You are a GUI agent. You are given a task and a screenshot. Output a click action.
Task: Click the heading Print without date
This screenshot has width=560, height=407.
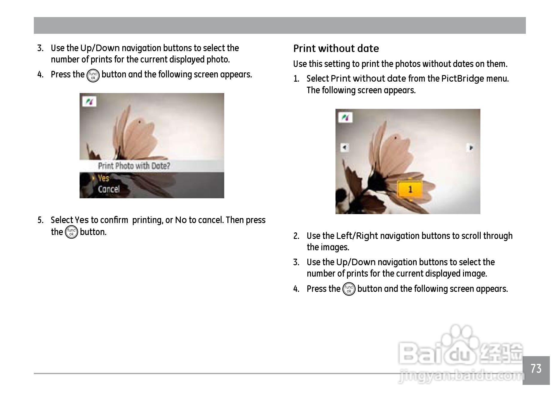pos(336,48)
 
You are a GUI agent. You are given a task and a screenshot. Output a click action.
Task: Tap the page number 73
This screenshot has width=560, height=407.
pos(536,369)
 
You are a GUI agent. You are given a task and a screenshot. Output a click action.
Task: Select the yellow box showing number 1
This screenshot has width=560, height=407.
pos(410,189)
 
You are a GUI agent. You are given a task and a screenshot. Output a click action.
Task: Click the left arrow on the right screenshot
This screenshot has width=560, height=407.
pos(345,147)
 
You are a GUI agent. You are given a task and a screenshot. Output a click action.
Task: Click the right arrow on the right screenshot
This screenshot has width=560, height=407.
pos(471,147)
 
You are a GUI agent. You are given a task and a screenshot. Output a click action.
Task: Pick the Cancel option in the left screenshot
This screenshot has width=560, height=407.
pos(109,189)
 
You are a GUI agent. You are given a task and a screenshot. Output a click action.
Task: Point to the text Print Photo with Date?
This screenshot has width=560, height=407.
pos(134,166)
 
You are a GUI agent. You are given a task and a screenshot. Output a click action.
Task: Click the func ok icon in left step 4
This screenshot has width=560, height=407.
pos(93,76)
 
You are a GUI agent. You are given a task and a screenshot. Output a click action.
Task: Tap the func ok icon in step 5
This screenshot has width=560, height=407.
pos(71,232)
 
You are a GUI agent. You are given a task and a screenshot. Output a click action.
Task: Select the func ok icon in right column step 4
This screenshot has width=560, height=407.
pos(349,289)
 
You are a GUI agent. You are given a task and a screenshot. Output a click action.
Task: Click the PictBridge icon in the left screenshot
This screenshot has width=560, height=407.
pos(89,102)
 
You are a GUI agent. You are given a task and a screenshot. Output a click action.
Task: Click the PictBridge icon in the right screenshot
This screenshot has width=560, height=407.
pos(345,118)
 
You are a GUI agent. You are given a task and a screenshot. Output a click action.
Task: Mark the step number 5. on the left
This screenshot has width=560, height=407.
pos(40,220)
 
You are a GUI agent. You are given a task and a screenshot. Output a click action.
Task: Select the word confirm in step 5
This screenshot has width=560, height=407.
pos(114,220)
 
